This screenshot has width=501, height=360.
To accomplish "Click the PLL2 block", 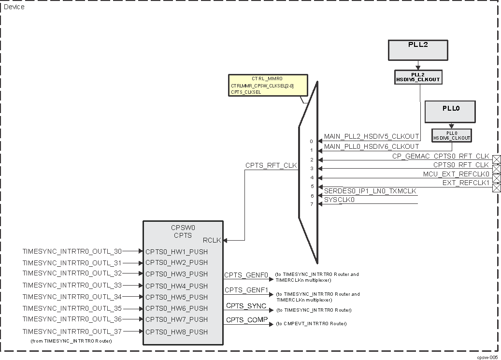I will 418,50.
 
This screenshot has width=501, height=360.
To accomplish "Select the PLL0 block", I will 450,111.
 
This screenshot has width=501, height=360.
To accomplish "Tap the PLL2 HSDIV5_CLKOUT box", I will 418,77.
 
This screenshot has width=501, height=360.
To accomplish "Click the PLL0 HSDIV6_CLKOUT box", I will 452,135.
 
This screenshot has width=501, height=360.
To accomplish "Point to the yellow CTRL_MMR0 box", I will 268,85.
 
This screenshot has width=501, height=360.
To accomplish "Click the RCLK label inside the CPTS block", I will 212,240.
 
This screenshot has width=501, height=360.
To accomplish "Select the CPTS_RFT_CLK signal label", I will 271,165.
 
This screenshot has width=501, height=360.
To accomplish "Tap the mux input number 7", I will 312,204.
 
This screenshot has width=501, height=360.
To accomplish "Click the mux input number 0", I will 312,142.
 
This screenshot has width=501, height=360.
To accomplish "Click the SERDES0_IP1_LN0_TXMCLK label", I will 370,191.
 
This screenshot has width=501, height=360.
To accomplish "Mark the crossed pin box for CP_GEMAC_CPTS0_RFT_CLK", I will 496,160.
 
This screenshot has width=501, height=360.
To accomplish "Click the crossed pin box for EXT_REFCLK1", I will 496,187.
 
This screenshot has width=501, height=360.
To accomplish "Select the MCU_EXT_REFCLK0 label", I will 456,174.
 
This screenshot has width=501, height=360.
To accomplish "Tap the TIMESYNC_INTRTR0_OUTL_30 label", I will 72,251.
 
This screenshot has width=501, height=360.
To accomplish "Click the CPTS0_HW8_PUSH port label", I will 176,332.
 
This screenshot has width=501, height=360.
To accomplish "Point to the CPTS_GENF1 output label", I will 246,290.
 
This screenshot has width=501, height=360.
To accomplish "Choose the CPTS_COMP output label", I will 246,319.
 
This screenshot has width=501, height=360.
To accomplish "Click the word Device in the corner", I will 14,7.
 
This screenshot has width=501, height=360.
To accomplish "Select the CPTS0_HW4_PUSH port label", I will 176,286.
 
